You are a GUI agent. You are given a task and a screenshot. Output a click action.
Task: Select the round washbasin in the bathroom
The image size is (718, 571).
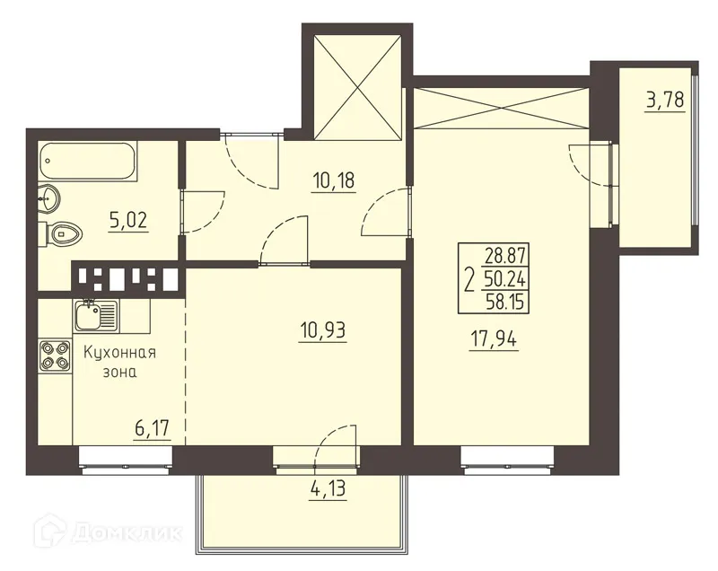pos(49,197)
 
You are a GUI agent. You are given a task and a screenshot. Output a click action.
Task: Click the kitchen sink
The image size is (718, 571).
pos(94,315)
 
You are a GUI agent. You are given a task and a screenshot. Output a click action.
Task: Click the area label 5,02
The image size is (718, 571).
pos(128,221)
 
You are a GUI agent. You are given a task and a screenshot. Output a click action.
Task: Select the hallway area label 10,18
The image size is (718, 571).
pos(333,180)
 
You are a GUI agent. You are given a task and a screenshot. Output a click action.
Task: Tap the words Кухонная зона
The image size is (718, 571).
pos(118,363)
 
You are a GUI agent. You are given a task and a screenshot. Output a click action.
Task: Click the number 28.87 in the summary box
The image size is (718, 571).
pos(504,257)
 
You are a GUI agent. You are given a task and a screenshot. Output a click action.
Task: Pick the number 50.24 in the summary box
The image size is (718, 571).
pos(504,280)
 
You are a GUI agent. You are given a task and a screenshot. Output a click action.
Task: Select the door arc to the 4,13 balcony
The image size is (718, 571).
pos(337,442)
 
